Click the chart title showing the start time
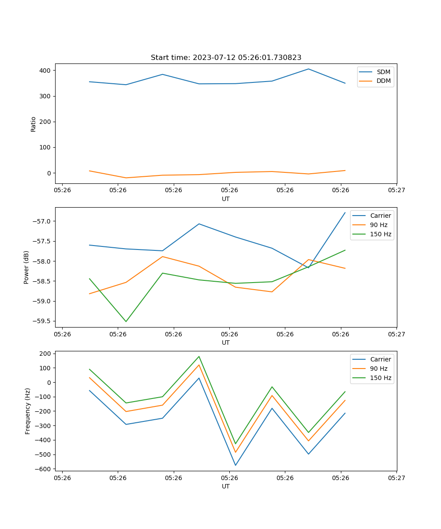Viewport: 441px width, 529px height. [226, 58]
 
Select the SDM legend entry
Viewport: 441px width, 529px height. [383, 72]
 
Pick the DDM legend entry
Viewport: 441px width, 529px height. [383, 81]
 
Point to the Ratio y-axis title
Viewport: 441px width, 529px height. [34, 124]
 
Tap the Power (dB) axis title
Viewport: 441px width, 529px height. [26, 267]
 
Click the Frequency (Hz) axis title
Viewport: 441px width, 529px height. [28, 411]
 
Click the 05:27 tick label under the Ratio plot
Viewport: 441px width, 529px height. [396, 190]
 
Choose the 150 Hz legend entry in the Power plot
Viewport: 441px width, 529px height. [381, 234]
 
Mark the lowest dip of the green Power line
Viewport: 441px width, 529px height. [126, 321]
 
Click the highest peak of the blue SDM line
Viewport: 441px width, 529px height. [308, 69]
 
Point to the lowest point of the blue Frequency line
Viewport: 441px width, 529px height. [235, 465]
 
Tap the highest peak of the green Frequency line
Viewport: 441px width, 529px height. [199, 356]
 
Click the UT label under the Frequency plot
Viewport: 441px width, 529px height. [226, 486]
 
